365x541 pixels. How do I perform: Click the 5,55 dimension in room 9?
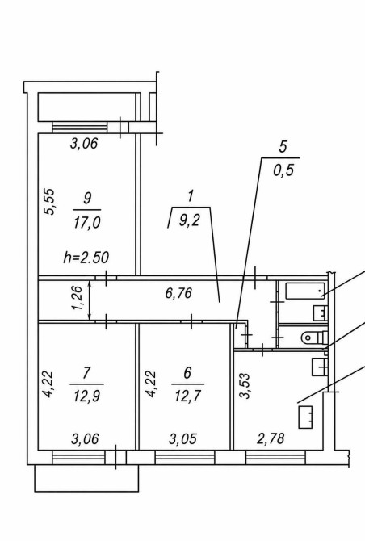pyautogui.click(x=50, y=202)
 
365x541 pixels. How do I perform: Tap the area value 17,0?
pyautogui.click(x=87, y=223)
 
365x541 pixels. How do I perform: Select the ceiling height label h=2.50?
pyautogui.click(x=86, y=258)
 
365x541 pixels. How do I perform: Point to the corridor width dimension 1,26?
pyautogui.click(x=78, y=298)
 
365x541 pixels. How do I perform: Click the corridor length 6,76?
pyautogui.click(x=178, y=293)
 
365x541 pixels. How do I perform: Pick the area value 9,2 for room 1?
pyautogui.click(x=190, y=220)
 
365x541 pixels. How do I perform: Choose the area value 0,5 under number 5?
pyautogui.click(x=283, y=170)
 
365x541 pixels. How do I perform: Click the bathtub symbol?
pyautogui.click(x=305, y=291)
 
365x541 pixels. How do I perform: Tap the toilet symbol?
pyautogui.click(x=314, y=337)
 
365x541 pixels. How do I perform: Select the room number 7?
pyautogui.click(x=86, y=373)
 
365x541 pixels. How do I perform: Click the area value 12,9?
pyautogui.click(x=86, y=396)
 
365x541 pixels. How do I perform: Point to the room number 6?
pyautogui.click(x=187, y=373)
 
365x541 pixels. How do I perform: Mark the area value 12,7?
pyautogui.click(x=187, y=396)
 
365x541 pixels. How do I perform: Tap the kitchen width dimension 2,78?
pyautogui.click(x=271, y=438)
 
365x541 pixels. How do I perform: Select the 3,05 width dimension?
pyautogui.click(x=182, y=439)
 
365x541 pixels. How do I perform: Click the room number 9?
pyautogui.click(x=87, y=199)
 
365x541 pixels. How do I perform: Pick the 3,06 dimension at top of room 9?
pyautogui.click(x=84, y=143)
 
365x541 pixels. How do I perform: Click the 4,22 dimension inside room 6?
pyautogui.click(x=151, y=384)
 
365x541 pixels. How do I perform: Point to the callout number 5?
pyautogui.click(x=283, y=147)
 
